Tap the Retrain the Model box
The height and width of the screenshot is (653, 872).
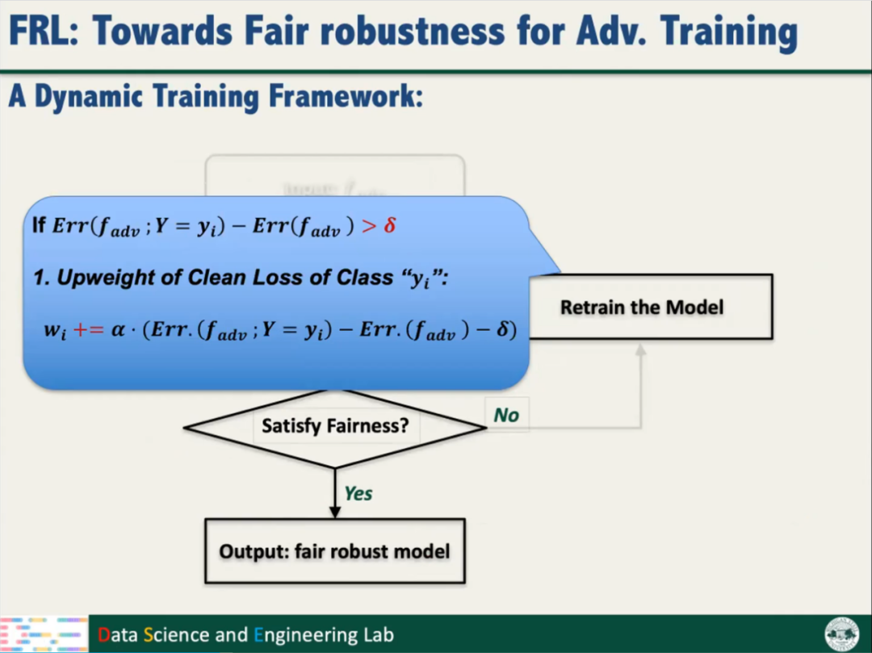(x=651, y=307)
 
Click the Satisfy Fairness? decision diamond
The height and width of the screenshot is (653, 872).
(x=335, y=425)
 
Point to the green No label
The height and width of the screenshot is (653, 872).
(x=506, y=416)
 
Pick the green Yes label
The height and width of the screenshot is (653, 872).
(x=358, y=492)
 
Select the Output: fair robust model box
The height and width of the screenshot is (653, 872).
(x=335, y=551)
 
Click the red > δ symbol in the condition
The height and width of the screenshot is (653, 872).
(x=379, y=225)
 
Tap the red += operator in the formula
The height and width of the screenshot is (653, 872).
(x=89, y=330)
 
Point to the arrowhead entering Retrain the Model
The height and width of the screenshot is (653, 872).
(x=640, y=350)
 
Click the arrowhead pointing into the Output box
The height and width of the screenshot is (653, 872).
(x=335, y=512)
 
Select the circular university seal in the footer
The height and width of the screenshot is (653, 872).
(x=842, y=634)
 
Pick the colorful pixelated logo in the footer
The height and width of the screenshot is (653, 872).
(x=44, y=634)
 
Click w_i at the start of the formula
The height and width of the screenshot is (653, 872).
(x=55, y=331)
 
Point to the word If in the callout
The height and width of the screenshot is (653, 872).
(x=40, y=225)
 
